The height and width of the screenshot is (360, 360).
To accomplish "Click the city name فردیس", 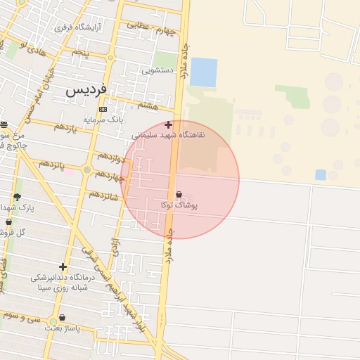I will coord(86,91).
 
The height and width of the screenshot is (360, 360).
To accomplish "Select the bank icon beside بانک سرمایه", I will coord(103,109).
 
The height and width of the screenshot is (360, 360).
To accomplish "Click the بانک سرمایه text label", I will coord(103,120).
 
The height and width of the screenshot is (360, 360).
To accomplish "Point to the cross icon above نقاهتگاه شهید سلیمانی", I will coord(168,124).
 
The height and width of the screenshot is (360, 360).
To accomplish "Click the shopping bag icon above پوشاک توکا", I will coord(178,195).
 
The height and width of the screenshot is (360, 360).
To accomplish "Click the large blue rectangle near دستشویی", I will coord(204,72).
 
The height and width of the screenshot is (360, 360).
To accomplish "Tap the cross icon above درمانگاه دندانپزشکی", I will coord(63,266).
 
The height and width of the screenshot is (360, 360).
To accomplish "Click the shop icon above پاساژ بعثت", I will coord(63,317).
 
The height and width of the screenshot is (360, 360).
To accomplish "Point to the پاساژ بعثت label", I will coord(63,328).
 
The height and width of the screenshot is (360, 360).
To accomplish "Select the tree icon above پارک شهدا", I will coord(17,197).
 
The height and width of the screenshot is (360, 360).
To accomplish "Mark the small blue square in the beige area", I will coord(321,174).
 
